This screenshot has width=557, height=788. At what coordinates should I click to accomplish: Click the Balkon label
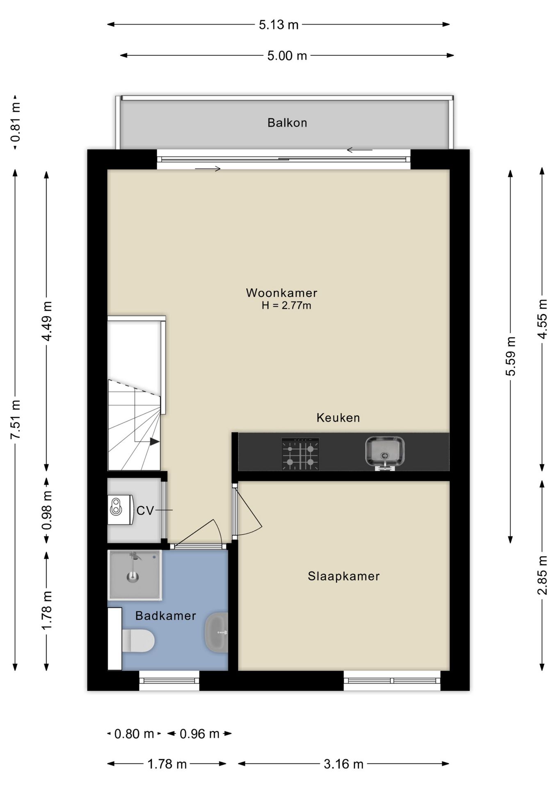287,123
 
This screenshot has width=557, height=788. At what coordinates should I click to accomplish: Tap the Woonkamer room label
282,293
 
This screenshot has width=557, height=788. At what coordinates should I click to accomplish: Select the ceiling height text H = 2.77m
286,305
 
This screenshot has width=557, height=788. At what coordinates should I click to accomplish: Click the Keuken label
338,418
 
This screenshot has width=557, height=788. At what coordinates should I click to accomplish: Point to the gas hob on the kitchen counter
300,454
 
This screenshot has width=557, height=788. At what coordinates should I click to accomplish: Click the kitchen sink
385,453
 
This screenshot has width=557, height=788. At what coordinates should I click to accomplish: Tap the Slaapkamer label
344,576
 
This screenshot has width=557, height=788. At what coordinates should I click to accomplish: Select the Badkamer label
166,616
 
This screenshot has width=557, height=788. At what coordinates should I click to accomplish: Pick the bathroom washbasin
216,632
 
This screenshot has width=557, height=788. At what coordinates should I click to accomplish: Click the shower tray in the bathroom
135,575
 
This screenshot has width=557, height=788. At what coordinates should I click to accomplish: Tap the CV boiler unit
121,509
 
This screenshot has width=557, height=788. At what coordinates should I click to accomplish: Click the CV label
145,511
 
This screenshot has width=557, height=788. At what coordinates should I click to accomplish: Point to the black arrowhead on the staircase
154,442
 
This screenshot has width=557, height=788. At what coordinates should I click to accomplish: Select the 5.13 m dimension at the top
278,25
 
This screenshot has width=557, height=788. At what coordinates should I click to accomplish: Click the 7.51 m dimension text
16,419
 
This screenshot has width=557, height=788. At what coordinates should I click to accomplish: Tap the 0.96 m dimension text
200,733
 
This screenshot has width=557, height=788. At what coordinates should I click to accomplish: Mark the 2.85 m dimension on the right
542,575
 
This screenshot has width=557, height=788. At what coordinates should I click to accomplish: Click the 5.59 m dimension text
511,356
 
